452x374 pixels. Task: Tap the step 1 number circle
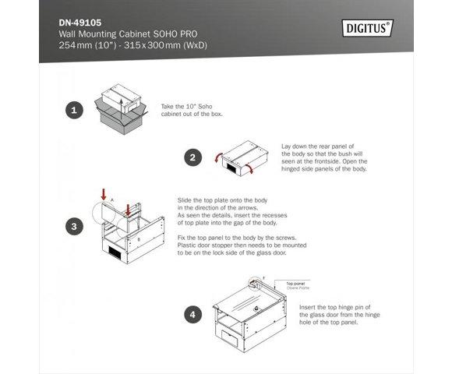click(73, 111)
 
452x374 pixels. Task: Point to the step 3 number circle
click(73, 227)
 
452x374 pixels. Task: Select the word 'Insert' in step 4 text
click(308, 307)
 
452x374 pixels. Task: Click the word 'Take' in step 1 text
click(168, 107)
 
